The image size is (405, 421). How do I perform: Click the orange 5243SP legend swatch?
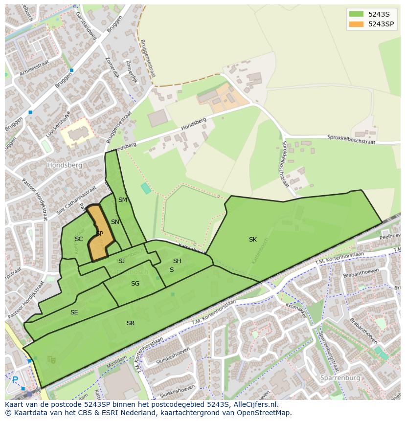(x=356, y=24)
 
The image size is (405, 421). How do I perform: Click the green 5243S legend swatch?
(x=356, y=14)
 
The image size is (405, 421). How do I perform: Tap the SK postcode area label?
(x=252, y=240)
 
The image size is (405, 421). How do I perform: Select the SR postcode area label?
(x=131, y=323)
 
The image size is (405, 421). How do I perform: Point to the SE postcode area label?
(x=74, y=312)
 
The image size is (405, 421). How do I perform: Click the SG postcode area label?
(x=135, y=284)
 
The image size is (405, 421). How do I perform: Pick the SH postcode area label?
(x=177, y=261)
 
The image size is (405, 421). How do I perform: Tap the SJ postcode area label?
(x=121, y=261)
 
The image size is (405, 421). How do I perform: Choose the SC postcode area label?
(x=79, y=239)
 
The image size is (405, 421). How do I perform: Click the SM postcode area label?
(x=122, y=200)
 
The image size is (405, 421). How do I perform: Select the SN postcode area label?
(x=115, y=222)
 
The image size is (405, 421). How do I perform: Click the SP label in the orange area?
(x=100, y=234)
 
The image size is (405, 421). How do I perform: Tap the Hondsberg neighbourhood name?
(x=65, y=165)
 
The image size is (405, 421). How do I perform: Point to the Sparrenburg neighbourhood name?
(x=340, y=378)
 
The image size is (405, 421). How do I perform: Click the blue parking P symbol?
(x=15, y=379)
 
